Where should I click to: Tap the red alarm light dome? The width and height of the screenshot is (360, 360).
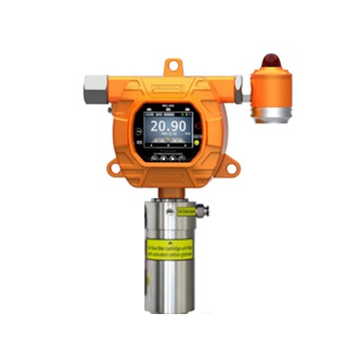(x=269, y=62)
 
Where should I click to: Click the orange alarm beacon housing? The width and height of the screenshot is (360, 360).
(x=269, y=88)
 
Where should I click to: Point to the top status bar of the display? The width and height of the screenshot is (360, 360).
(x=170, y=115)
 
